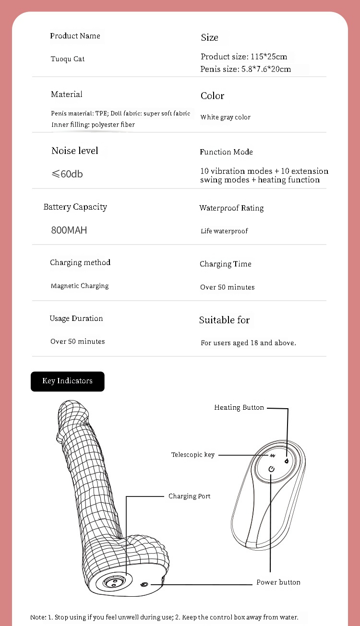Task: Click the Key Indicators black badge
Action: [67, 381]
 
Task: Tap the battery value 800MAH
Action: [69, 230]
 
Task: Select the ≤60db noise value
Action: [67, 174]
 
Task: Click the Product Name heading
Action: [75, 36]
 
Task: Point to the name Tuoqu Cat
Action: [68, 59]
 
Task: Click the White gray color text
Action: [226, 118]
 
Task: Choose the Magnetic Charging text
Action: [80, 286]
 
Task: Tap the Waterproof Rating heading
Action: [231, 208]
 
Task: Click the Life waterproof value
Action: [224, 231]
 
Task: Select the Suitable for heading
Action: [225, 320]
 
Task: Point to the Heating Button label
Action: [239, 408]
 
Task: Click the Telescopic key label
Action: [193, 455]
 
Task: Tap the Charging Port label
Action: [190, 496]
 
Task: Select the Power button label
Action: [278, 582]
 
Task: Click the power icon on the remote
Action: [271, 469]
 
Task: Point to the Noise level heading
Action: [75, 151]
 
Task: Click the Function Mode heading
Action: [226, 152]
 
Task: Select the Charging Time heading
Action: [226, 264]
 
